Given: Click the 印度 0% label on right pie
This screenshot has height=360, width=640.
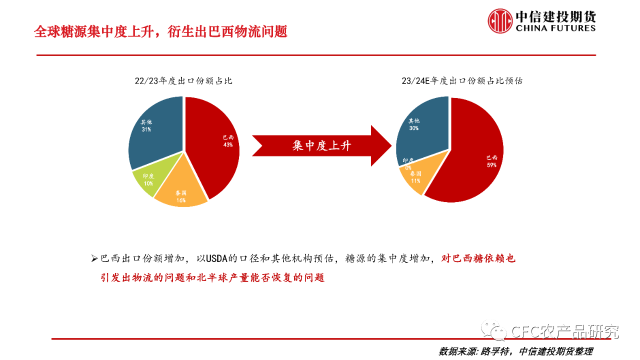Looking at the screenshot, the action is tap(408, 164).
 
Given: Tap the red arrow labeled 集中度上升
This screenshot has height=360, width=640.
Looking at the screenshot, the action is tap(321, 145).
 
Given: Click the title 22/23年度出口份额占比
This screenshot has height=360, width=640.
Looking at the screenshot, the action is tap(183, 81).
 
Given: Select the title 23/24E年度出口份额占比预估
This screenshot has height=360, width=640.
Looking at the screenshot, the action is tap(462, 81).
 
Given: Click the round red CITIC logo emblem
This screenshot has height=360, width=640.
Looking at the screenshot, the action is tap(500, 21).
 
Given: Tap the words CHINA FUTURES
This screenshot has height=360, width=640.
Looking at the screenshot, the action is tap(555, 28).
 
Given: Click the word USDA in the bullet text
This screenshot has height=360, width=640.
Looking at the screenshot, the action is tap(216, 258).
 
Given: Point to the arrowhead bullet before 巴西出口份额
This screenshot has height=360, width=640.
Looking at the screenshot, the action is tap(94, 258).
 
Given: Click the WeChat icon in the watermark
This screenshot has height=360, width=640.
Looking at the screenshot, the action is tap(493, 330).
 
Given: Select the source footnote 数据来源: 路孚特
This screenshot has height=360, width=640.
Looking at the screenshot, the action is tap(515, 351).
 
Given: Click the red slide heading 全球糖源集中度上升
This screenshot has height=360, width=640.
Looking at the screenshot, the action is tap(161, 31).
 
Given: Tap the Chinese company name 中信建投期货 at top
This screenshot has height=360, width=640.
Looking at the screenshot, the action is tap(555, 16).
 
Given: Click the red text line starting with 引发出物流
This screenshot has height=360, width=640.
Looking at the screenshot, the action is tap(212, 277).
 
